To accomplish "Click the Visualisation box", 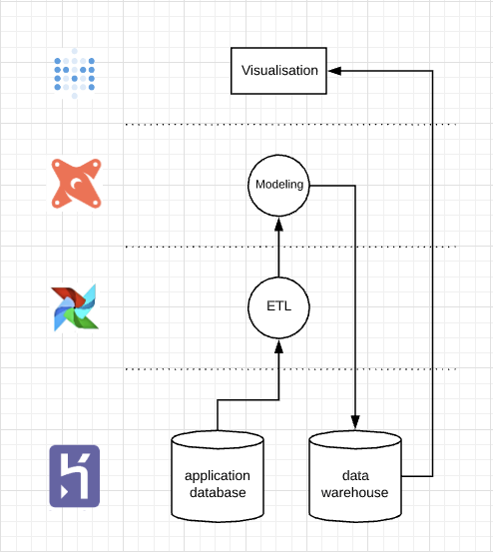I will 279,71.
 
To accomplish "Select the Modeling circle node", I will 278,185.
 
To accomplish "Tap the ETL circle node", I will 278,306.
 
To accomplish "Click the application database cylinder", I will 218,476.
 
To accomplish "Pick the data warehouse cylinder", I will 355,476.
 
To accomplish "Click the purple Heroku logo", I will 76,476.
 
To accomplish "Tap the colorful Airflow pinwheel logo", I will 76,306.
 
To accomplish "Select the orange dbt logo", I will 76,184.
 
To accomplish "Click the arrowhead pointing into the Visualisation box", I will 336,71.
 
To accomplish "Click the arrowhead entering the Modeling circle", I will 278,225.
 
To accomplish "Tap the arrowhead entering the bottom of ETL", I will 278,345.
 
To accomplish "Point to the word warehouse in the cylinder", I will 355,492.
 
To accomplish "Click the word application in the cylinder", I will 218,476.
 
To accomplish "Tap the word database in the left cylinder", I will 218,492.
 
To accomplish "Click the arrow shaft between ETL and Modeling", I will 278,255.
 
